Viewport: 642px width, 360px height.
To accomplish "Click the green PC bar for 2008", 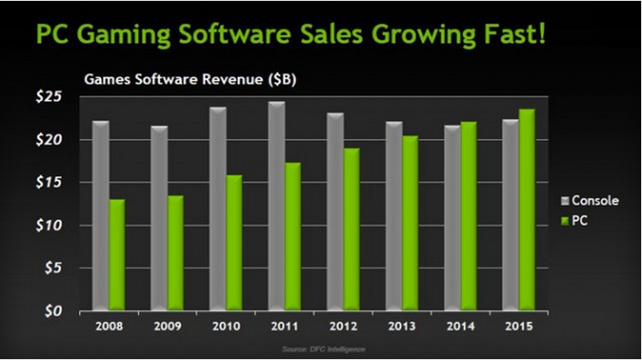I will point(117,254).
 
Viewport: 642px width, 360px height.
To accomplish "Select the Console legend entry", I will point(590,200).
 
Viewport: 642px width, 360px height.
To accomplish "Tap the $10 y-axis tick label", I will point(52,225).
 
